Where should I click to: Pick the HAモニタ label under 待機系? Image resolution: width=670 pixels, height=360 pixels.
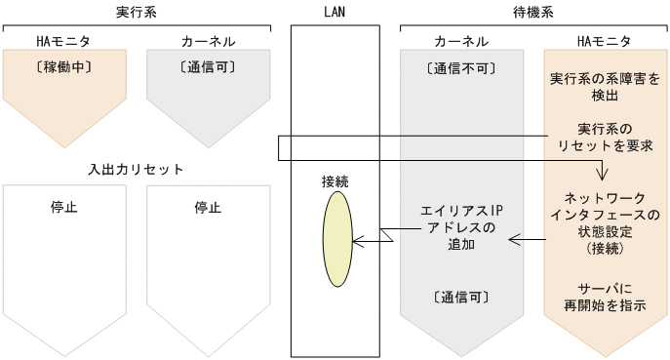point(605,41)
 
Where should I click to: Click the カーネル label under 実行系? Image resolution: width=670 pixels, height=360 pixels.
point(208,41)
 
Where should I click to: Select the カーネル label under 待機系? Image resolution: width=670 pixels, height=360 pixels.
point(461,41)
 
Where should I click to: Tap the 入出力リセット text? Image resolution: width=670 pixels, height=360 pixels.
point(137,169)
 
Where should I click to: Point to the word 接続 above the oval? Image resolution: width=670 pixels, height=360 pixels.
point(335,181)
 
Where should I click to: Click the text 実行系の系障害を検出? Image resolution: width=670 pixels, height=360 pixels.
point(605,87)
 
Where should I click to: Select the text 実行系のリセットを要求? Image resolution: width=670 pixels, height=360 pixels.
point(605,137)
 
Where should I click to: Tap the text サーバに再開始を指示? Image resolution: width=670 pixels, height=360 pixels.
point(605,297)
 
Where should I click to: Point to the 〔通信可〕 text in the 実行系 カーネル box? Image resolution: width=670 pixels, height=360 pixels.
point(208,68)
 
